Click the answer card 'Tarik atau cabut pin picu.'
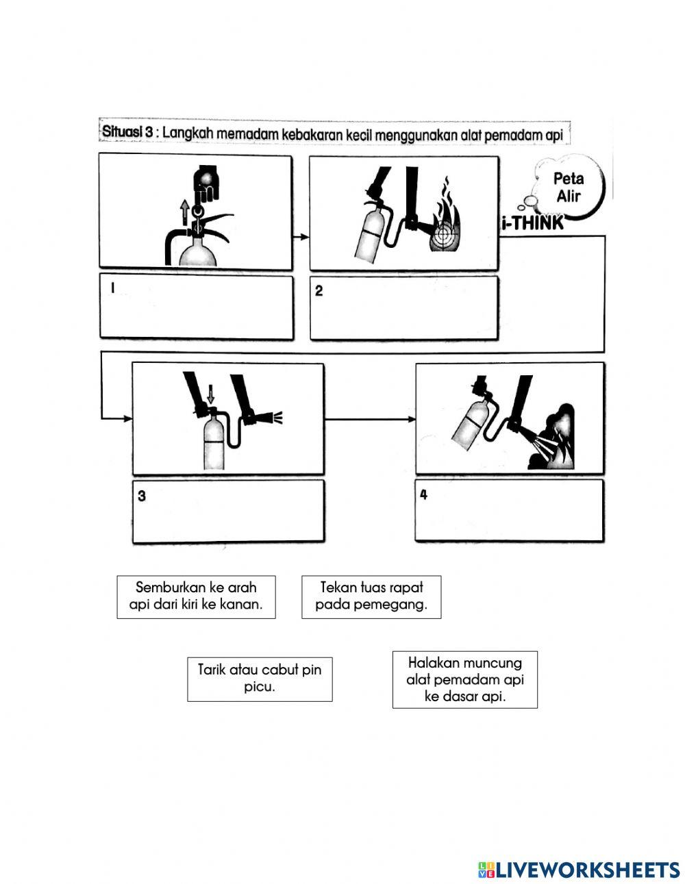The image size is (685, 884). pyautogui.click(x=260, y=679)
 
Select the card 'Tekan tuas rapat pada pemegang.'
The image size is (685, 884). pyautogui.click(x=371, y=597)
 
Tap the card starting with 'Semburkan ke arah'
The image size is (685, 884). pyautogui.click(x=196, y=597)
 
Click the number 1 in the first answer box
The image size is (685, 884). pyautogui.click(x=112, y=288)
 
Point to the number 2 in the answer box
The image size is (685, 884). pyautogui.click(x=319, y=290)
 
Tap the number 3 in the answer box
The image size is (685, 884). pyautogui.click(x=142, y=496)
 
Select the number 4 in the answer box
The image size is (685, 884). pyautogui.click(x=424, y=494)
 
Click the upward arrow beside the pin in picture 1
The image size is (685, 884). pyautogui.click(x=185, y=212)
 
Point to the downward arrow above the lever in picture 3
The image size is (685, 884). pyautogui.click(x=210, y=394)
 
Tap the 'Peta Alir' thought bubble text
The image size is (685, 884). pyautogui.click(x=569, y=187)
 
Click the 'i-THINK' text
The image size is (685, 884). pyautogui.click(x=533, y=223)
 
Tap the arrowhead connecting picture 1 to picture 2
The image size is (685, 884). pyautogui.click(x=304, y=237)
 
